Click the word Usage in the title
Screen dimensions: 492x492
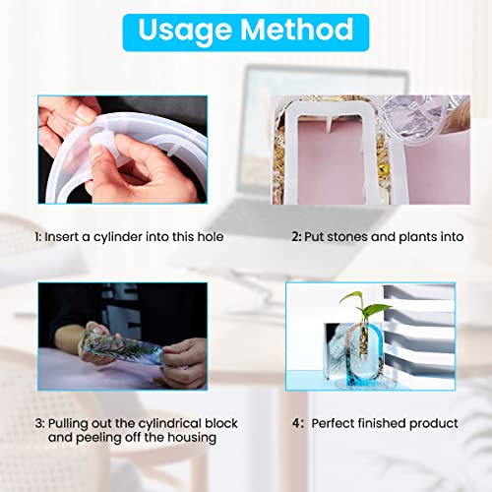(x=185, y=31)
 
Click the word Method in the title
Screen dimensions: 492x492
(x=297, y=30)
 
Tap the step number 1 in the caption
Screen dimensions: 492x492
(x=37, y=237)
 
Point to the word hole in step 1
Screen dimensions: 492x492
(x=211, y=236)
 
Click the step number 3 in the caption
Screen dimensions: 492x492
(x=39, y=423)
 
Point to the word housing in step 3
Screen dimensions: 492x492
(x=192, y=438)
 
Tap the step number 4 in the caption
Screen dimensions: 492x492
(x=296, y=423)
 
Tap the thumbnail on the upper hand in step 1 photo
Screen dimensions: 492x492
(x=85, y=114)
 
